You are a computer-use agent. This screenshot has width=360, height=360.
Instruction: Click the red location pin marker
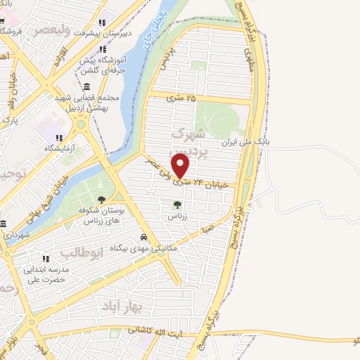click(181, 166)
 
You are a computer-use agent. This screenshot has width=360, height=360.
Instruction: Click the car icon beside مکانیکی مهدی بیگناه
click(143, 238)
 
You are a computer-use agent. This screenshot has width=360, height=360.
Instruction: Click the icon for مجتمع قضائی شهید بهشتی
click(87, 86)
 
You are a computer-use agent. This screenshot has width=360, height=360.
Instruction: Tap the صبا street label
click(205, 229)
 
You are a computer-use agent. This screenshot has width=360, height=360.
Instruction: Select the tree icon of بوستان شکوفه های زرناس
click(103, 199)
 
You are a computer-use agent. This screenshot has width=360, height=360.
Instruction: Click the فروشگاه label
click(18, 32)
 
